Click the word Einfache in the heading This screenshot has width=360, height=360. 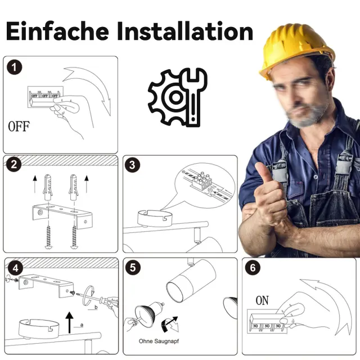(x=57, y=31)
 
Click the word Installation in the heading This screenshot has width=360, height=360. (x=185, y=31)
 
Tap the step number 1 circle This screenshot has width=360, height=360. (x=14, y=67)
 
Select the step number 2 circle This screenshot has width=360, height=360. (x=13, y=164)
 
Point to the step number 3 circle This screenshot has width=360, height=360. (x=132, y=165)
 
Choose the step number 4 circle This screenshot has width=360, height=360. (x=15, y=268)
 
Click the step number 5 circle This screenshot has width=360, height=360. (x=133, y=268)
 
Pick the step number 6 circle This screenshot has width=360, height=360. (x=253, y=268)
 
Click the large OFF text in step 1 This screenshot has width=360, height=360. (x=19, y=126)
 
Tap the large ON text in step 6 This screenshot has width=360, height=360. (x=262, y=300)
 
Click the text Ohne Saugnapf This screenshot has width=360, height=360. (x=159, y=341)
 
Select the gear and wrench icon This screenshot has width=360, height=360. (x=178, y=97)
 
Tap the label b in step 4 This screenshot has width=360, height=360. (x=96, y=307)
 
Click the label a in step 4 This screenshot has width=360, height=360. (x=82, y=325)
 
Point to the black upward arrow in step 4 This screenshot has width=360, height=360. (x=70, y=322)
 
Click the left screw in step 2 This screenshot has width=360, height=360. (x=48, y=236)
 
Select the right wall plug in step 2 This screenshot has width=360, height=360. (x=74, y=187)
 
